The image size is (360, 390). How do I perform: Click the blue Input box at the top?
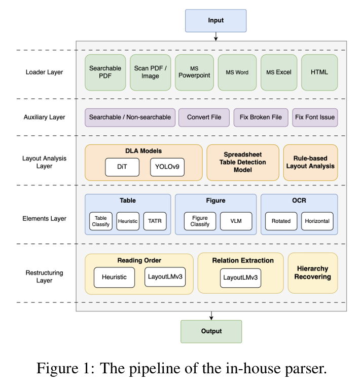[215, 21]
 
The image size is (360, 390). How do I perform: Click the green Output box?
[211, 331]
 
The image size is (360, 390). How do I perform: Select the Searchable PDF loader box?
[105, 72]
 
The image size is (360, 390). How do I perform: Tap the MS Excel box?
[279, 72]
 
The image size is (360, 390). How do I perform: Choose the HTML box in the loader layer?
[319, 72]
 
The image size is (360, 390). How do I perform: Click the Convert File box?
[204, 118]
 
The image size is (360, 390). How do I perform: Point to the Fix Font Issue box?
[315, 118]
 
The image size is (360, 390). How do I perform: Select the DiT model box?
[122, 167]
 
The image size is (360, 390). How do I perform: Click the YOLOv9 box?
[167, 167]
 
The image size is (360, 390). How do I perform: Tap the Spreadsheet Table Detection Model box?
[242, 162]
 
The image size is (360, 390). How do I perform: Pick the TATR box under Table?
[155, 221]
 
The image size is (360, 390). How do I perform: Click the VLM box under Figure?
[236, 221]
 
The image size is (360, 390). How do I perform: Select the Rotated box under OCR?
[281, 221]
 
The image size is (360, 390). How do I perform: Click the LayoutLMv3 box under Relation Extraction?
[241, 278]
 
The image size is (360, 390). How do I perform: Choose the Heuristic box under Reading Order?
[114, 277]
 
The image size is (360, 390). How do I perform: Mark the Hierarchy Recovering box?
[312, 272]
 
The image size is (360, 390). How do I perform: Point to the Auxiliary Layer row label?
[45, 118]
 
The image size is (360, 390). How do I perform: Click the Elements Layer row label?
[45, 219]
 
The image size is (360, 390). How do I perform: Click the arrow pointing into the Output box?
[211, 316]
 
